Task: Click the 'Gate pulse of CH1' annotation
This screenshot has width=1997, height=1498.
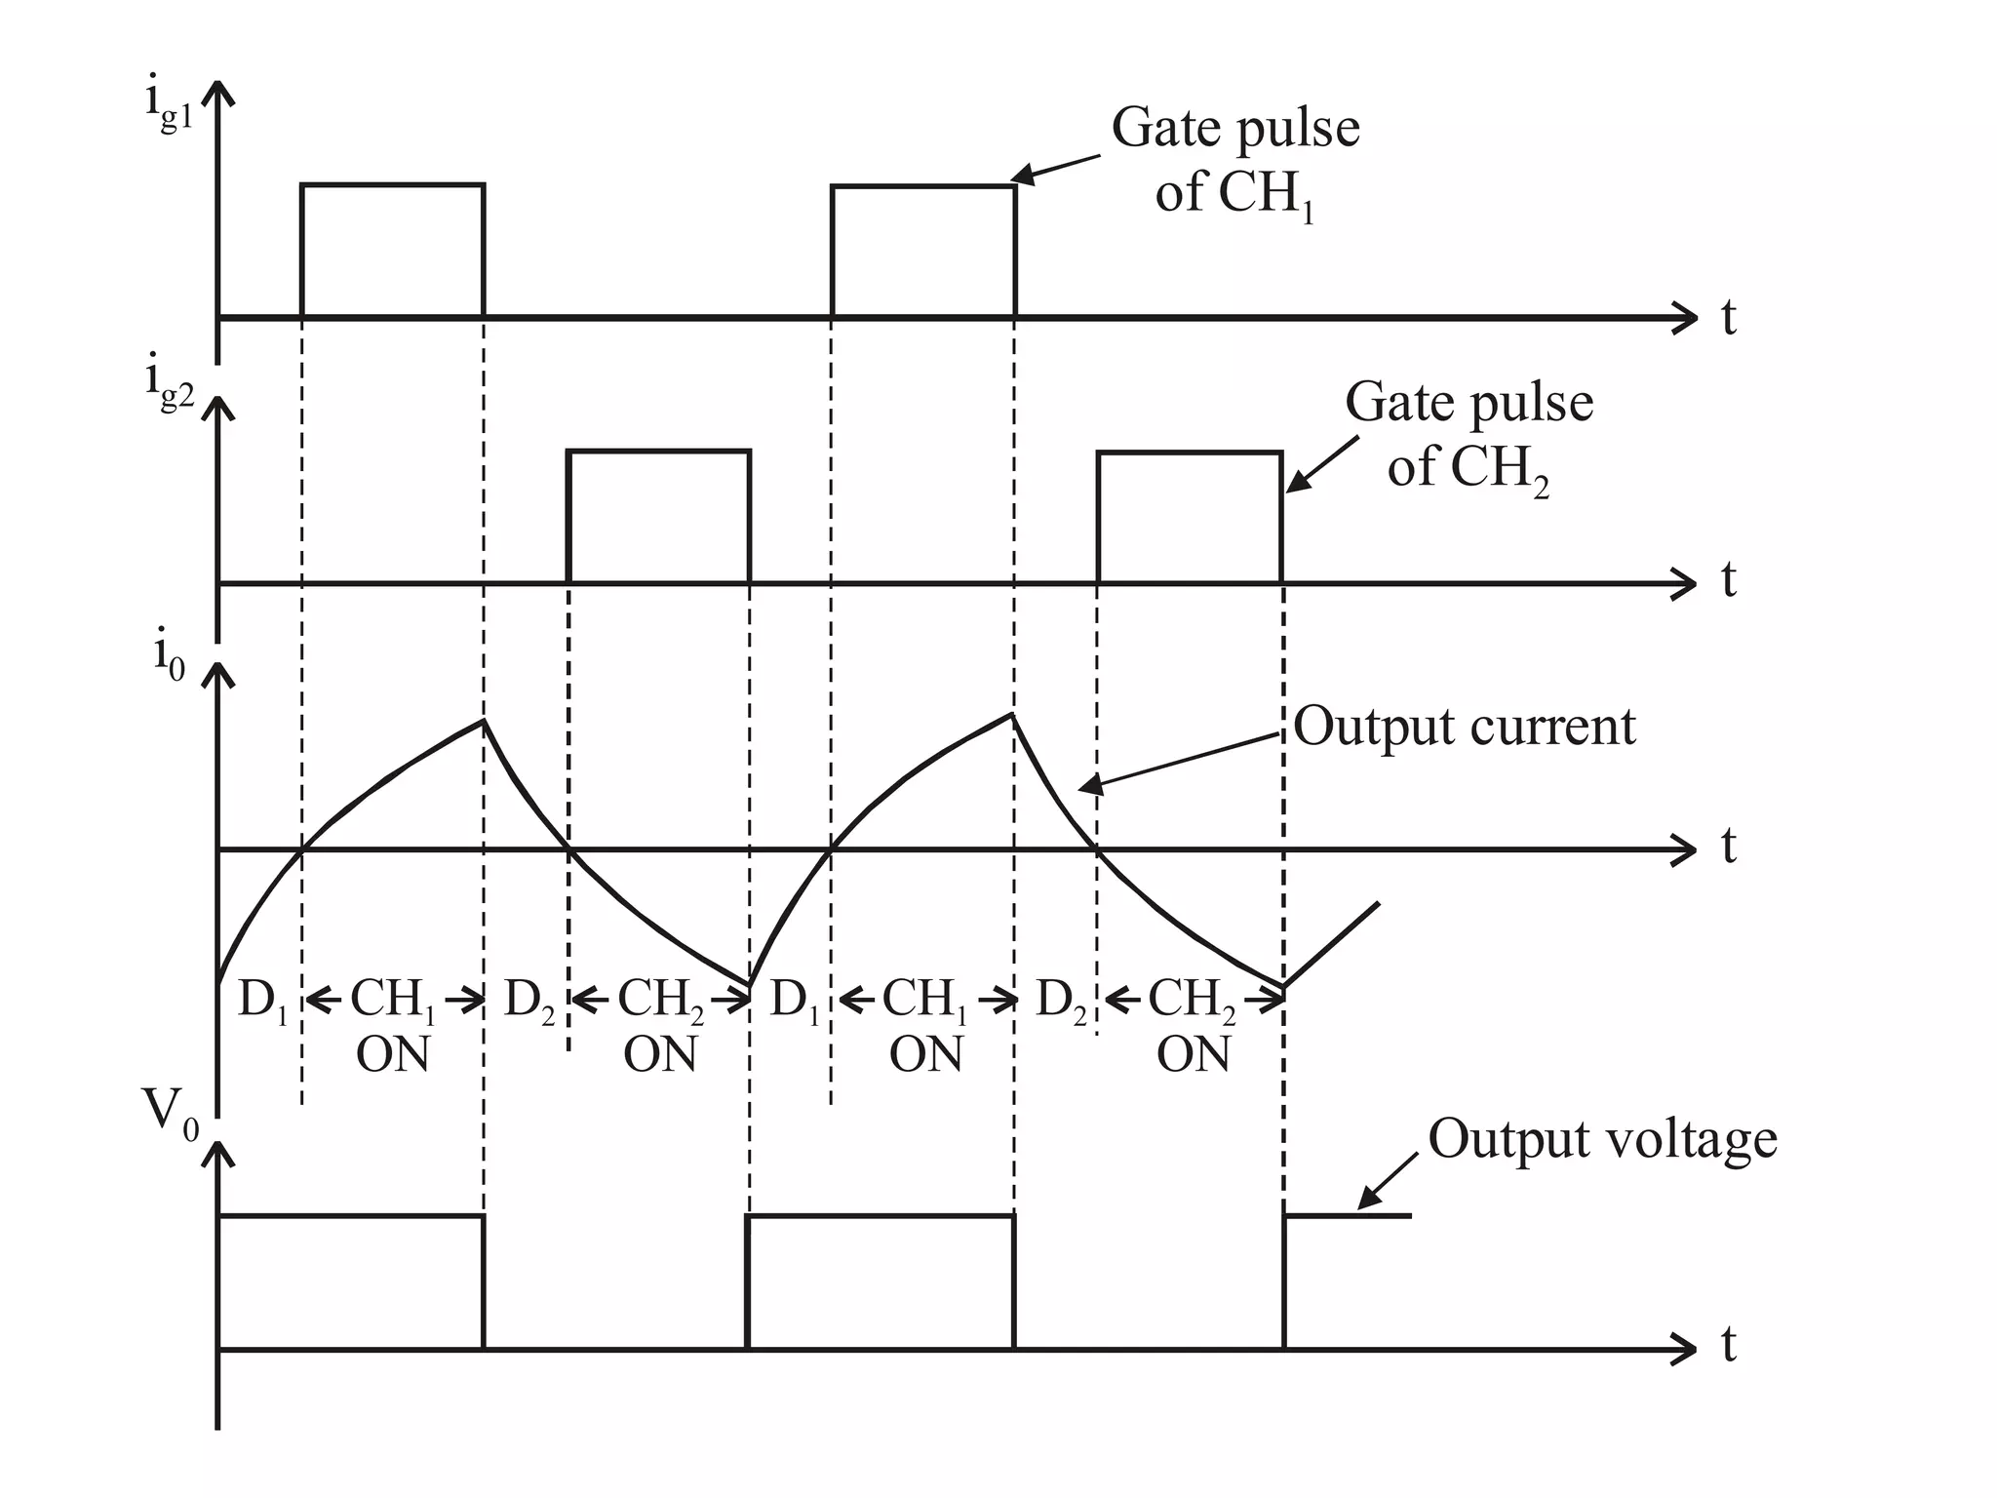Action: [1234, 160]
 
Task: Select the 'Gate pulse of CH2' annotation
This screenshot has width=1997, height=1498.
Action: [1468, 435]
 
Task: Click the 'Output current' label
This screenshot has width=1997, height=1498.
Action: [1464, 728]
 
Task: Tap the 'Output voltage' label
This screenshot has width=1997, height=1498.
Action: [1602, 1139]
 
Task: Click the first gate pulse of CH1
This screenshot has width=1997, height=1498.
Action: [392, 250]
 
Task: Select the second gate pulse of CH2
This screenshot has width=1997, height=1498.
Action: [1189, 517]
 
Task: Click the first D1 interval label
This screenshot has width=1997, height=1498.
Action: [262, 1001]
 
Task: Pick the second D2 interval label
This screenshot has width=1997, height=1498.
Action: [1060, 1001]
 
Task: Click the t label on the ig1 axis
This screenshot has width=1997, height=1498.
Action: [1728, 318]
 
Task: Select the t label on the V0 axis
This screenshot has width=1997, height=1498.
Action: [1728, 1346]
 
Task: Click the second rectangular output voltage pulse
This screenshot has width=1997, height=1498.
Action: [880, 1281]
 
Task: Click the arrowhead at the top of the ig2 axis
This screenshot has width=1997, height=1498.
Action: [217, 405]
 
